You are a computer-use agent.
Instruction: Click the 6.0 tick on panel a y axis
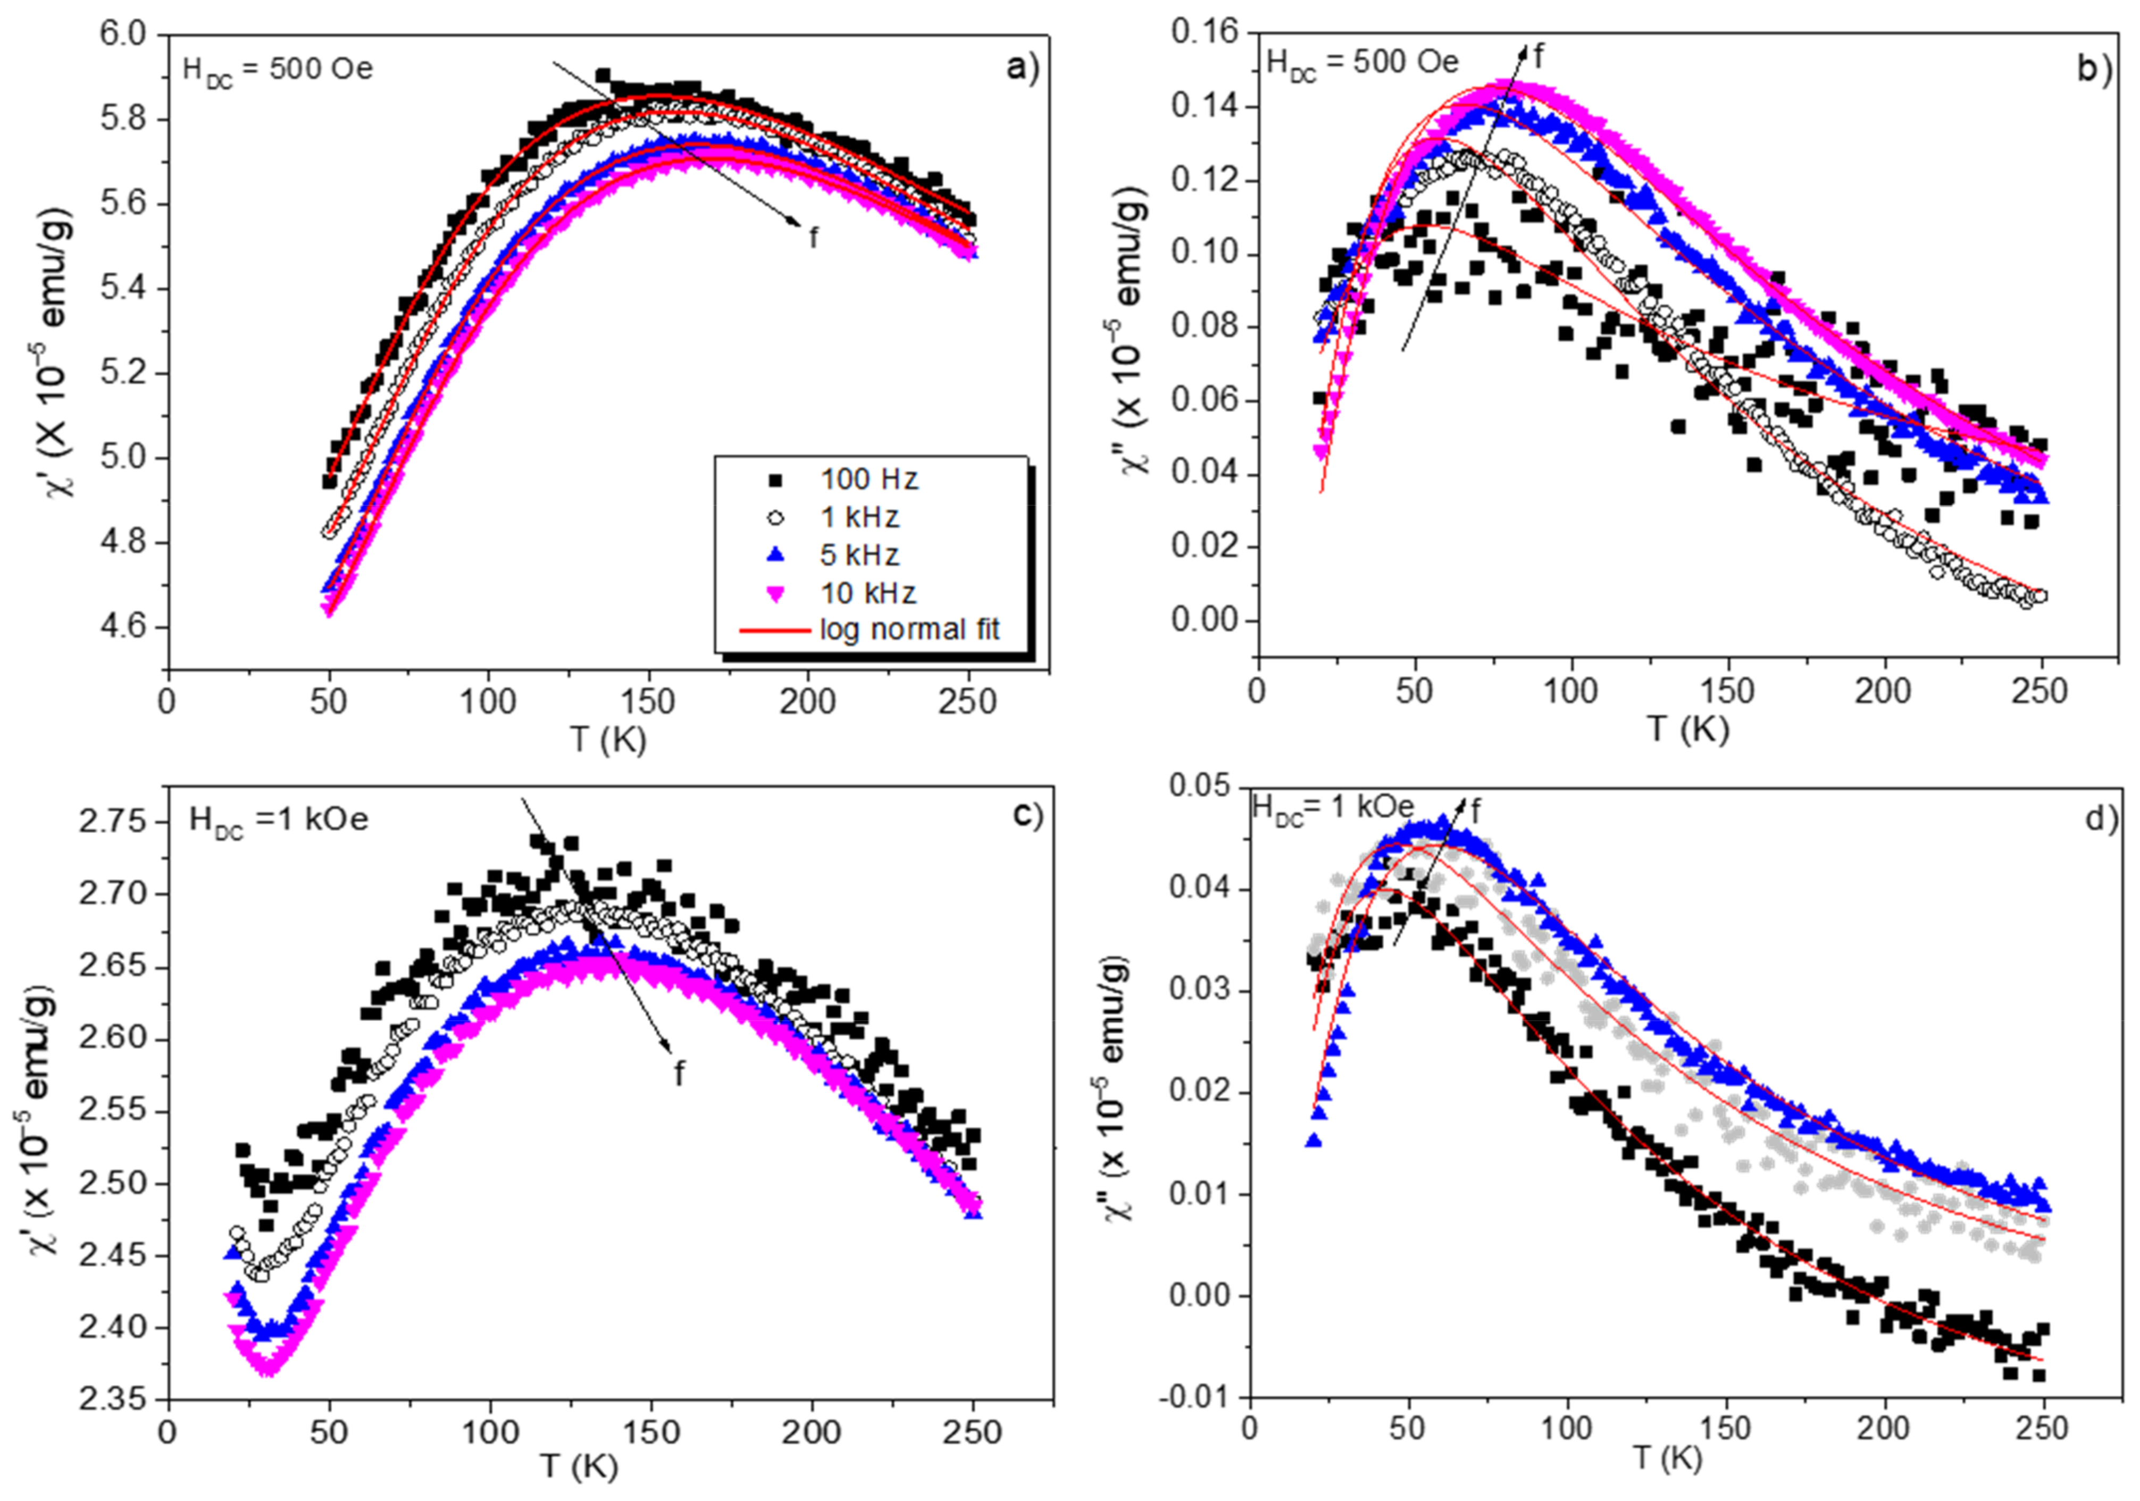click(x=124, y=35)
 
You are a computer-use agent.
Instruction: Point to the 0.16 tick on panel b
click(x=1207, y=32)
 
